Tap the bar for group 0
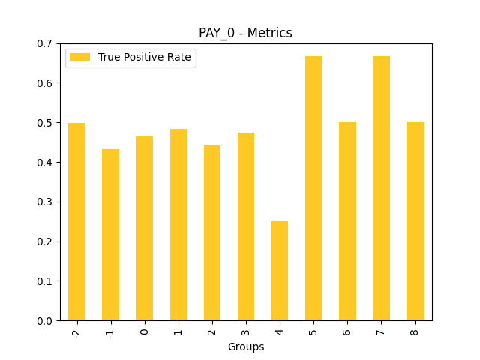[x=144, y=229]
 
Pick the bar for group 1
[x=178, y=225]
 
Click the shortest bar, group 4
[x=280, y=271]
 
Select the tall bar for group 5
[x=313, y=188]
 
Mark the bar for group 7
[x=381, y=188]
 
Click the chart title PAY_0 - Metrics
[x=245, y=33]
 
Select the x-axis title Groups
[x=246, y=346]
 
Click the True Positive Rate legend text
[x=145, y=58]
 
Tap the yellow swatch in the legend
[x=80, y=58]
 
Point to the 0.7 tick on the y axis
[x=44, y=43]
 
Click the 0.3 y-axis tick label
[x=44, y=202]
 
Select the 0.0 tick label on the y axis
[x=44, y=320]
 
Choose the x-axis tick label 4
[x=280, y=331]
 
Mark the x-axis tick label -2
[x=76, y=332]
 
